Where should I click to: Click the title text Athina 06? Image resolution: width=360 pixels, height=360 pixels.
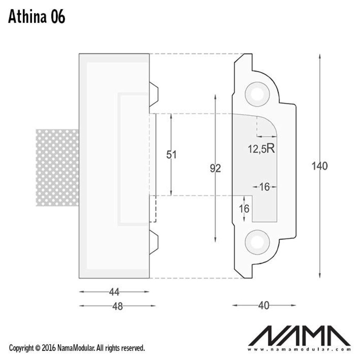point(37,17)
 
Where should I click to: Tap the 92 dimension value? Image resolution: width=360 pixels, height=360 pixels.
point(215,168)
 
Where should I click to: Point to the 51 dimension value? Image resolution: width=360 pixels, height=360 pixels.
point(171,154)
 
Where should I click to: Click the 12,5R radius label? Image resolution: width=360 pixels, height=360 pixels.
point(261,149)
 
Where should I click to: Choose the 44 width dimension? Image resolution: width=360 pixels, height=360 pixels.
point(114,292)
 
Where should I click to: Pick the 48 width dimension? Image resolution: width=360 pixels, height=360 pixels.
point(117,306)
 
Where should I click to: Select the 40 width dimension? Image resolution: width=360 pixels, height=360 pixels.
point(264,306)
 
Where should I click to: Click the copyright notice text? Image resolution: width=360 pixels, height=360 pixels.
point(77,348)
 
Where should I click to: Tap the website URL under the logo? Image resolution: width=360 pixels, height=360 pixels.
point(300,349)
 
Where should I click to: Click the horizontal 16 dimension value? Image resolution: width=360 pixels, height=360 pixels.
point(265,187)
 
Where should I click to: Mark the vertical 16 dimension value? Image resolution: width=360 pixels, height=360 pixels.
point(244,208)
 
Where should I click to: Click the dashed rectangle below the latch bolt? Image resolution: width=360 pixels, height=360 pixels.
point(153,209)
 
